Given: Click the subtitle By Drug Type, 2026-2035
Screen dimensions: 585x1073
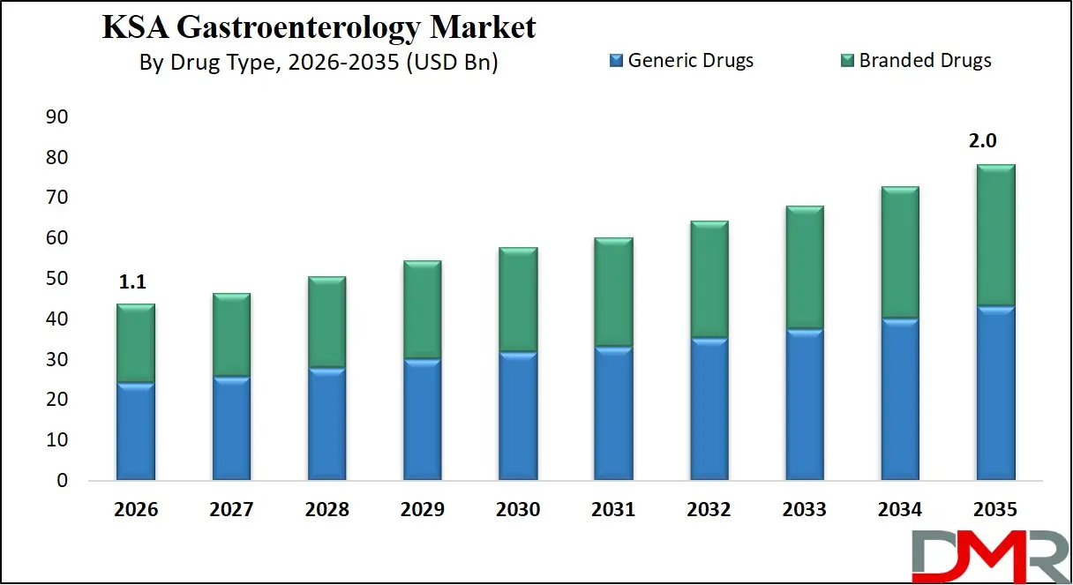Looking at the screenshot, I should click(x=319, y=63).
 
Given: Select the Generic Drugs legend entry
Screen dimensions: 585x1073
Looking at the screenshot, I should click(x=680, y=61).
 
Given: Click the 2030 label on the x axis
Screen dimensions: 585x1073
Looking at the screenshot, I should click(x=517, y=510).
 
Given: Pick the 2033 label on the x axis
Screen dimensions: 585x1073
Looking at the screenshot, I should click(x=803, y=510).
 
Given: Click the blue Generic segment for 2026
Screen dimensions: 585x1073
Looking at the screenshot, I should click(x=136, y=431).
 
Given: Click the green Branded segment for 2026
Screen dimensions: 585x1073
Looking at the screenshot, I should click(x=136, y=343).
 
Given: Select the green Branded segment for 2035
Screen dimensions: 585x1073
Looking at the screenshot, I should click(x=994, y=236).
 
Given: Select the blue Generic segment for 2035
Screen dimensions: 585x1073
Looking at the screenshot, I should click(x=994, y=393).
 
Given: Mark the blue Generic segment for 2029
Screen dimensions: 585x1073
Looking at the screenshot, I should click(x=422, y=419).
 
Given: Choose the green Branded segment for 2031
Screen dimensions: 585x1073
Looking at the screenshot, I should click(x=612, y=292).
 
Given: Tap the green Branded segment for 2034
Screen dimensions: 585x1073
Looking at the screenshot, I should click(x=898, y=252).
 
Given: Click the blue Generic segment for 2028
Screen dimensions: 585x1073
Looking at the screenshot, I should click(x=326, y=424).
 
